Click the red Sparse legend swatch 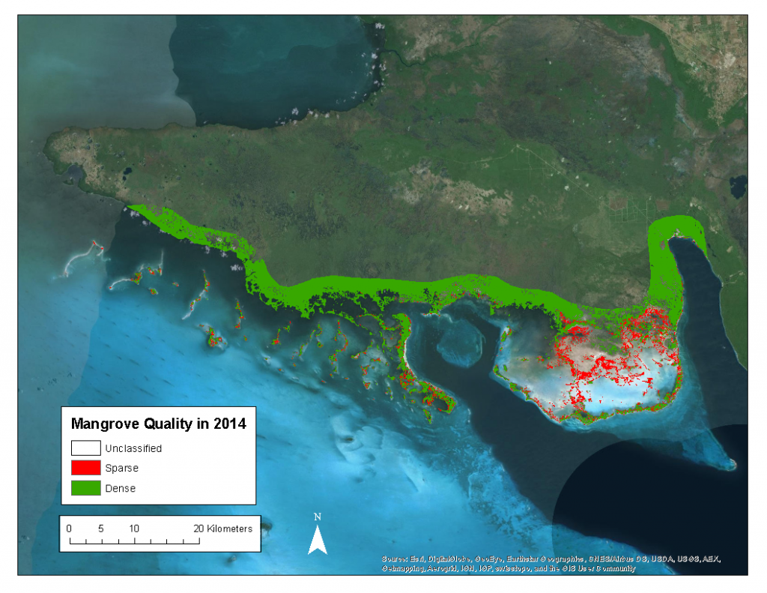coord(85,468)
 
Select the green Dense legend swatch coord(85,488)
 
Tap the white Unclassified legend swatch coord(85,448)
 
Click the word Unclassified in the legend coord(133,448)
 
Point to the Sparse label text coord(121,468)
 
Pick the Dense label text coord(121,488)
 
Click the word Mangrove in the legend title coord(101,424)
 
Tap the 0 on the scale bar coord(69,529)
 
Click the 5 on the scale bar coord(101,529)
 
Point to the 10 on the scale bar coord(133,529)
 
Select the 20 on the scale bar coord(198,529)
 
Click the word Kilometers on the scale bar coord(230,529)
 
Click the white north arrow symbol coord(318,540)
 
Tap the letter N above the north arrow coord(318,517)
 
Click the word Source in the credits coord(395,559)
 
